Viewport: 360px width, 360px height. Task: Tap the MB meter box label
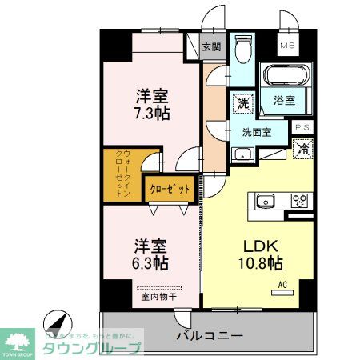(x=286, y=46)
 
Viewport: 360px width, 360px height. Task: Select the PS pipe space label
(x=302, y=127)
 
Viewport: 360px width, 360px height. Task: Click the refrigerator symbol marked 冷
(x=302, y=148)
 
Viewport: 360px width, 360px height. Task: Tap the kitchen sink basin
(x=265, y=201)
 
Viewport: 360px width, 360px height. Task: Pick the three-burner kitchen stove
(x=300, y=200)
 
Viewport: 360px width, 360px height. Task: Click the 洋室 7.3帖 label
(x=150, y=105)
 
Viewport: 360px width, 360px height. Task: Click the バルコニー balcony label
(x=209, y=334)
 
